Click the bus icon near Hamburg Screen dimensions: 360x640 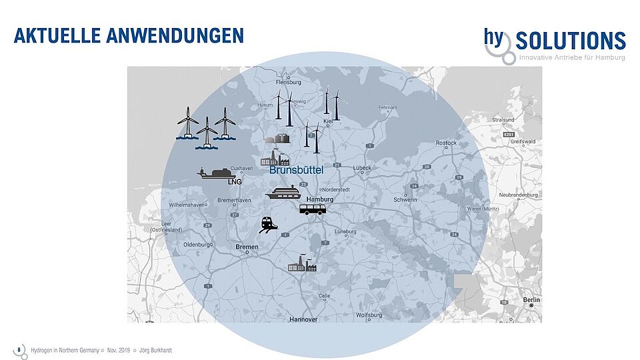point(312,209)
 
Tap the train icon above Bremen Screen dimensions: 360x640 point(269,225)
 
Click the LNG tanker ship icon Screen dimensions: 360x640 point(219,175)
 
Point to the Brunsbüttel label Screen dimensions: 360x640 point(296,171)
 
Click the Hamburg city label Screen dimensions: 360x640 point(319,199)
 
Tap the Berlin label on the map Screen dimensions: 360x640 point(532,299)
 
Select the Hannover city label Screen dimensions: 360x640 point(303,319)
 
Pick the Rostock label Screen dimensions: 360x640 point(446,143)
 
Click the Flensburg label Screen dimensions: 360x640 point(289,83)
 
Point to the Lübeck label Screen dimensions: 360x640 point(363,168)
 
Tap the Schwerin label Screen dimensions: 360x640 point(405,199)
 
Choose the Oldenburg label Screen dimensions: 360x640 point(197,245)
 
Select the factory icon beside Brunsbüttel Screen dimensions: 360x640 point(275,159)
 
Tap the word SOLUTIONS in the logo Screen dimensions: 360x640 point(571,41)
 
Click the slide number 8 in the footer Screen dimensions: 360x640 point(19,349)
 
